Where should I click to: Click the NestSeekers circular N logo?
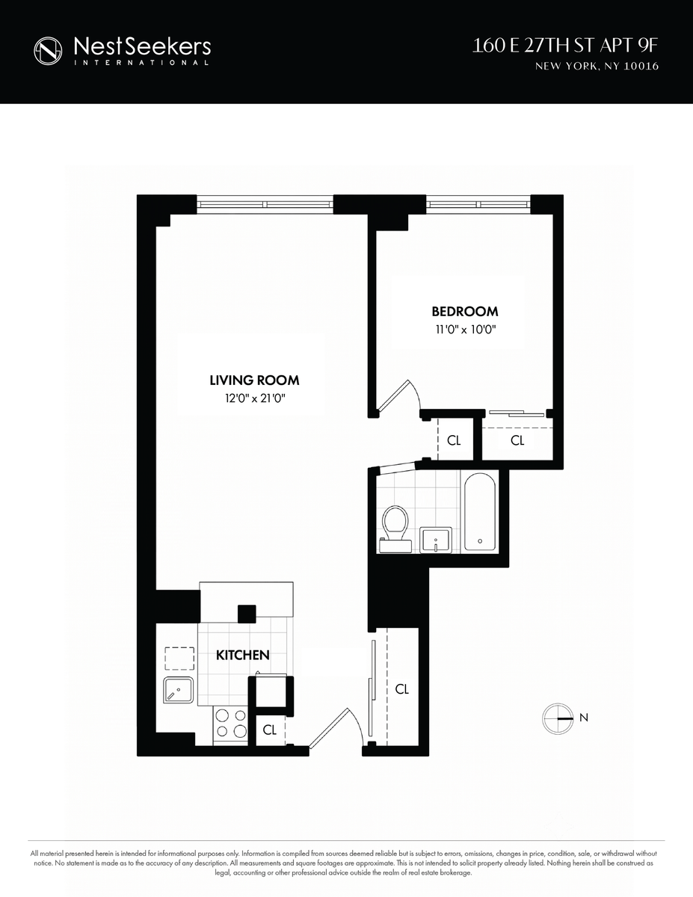(48, 51)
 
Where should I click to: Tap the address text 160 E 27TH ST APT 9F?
(564, 46)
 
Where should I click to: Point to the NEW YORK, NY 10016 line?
(597, 66)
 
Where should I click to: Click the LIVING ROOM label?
(254, 380)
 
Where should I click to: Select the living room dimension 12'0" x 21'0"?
(255, 398)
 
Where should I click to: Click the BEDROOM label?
(465, 311)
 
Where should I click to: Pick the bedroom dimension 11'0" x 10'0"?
(466, 330)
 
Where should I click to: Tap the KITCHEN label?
(243, 655)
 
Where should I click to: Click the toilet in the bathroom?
(395, 528)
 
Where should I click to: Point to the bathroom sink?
(436, 540)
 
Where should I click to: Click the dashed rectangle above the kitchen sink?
(179, 659)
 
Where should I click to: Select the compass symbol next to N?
(558, 718)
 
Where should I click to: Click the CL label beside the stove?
(270, 730)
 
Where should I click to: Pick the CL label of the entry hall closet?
(402, 689)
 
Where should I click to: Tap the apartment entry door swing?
(336, 728)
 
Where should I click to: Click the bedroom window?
(478, 204)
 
